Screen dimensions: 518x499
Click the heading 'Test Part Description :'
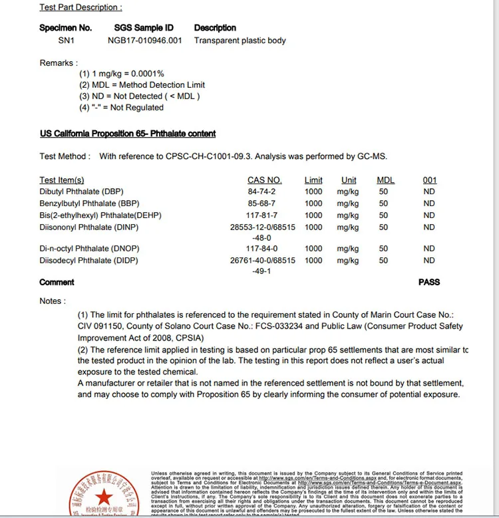[x=81, y=7]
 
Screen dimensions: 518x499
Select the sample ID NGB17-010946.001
[x=144, y=41]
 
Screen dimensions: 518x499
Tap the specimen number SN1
[x=66, y=41]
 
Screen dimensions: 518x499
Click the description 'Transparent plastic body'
[x=240, y=41]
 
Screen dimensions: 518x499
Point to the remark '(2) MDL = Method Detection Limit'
[x=142, y=85]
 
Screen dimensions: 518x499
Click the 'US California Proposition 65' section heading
[x=128, y=134]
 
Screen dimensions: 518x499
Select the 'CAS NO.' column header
[x=264, y=180]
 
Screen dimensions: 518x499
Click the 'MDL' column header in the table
[x=385, y=180]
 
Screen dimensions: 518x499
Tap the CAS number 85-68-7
[x=261, y=203]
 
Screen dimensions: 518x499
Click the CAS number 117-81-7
[x=261, y=215]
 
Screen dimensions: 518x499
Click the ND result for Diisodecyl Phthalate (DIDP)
[x=429, y=261]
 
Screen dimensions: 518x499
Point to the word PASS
[x=429, y=282]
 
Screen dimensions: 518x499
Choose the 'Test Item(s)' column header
[x=62, y=180]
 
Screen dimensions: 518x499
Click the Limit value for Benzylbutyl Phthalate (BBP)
[x=313, y=203]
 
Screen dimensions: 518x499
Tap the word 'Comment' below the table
[x=57, y=282]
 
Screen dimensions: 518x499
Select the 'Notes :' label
[x=53, y=301]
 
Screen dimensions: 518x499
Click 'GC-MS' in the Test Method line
[x=372, y=157]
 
